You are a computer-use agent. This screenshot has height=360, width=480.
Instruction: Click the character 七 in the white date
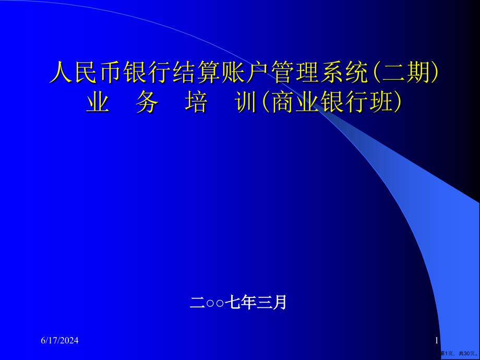tap(232, 303)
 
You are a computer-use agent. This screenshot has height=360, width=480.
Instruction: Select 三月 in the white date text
tap(271, 303)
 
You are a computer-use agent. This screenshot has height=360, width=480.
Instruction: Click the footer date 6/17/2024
tap(59, 340)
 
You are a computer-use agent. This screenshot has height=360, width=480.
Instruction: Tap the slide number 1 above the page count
tap(437, 340)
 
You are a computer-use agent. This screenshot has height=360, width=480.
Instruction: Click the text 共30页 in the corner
tap(467, 353)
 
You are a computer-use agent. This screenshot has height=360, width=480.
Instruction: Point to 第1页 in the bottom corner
tap(448, 353)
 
